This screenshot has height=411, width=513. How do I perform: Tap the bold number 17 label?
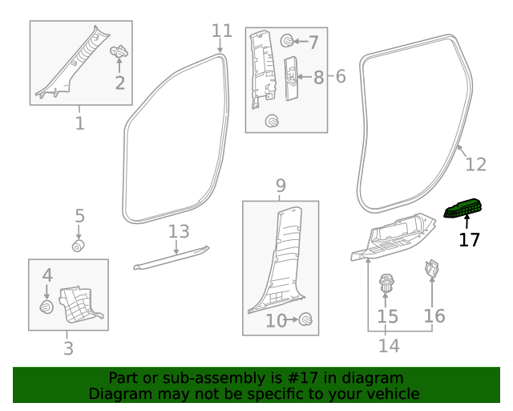pos(470,239)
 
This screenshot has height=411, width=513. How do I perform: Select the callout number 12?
pos(475,165)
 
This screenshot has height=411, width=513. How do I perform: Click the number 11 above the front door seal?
pos(222,31)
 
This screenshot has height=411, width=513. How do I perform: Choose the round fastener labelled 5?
pos(79,245)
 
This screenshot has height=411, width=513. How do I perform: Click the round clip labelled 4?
pos(46,307)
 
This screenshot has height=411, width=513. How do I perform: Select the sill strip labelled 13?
pos(170,258)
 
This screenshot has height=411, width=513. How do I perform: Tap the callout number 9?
pos(281,186)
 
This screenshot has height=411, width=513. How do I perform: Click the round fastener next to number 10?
pos(305,320)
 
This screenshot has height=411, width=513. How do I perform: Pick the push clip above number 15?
pos(387,283)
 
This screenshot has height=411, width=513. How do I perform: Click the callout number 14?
pos(389,346)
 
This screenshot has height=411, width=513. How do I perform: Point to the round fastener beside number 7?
pos(287,40)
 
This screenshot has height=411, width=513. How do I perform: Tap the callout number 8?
pos(318,78)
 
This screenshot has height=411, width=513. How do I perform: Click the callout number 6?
pos(340,77)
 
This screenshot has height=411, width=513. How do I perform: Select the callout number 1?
pos(79,124)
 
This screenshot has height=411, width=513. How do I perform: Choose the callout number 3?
pos(68,348)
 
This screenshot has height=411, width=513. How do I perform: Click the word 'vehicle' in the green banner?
pos(391,394)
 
